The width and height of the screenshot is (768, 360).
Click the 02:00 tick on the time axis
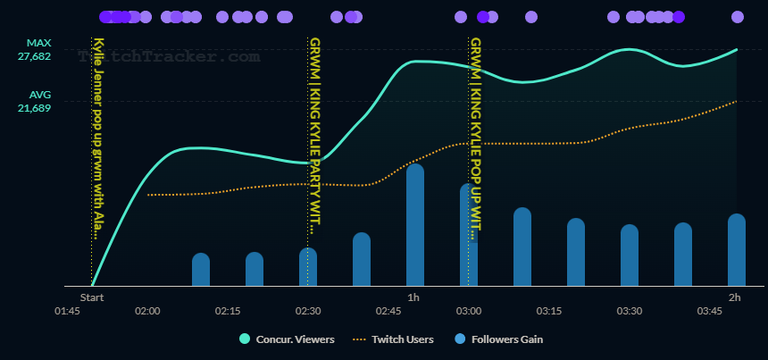coord(147,311)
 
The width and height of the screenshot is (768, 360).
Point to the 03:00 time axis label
coord(469,311)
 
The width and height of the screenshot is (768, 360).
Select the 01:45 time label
coord(67,311)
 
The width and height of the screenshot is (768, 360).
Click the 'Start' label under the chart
coord(92,297)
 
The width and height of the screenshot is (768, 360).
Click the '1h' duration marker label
coord(413,297)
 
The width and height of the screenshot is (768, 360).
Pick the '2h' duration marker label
coord(735,297)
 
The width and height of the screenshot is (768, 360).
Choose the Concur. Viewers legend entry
coord(287,339)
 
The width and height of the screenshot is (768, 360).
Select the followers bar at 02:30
coord(308,267)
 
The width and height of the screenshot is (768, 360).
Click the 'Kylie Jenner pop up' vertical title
coord(98,138)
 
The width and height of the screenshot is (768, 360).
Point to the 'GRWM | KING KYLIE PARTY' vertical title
coord(314,134)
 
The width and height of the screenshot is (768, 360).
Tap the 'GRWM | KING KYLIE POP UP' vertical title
coord(476,138)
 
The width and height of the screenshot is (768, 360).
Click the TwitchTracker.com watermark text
coord(170,56)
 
